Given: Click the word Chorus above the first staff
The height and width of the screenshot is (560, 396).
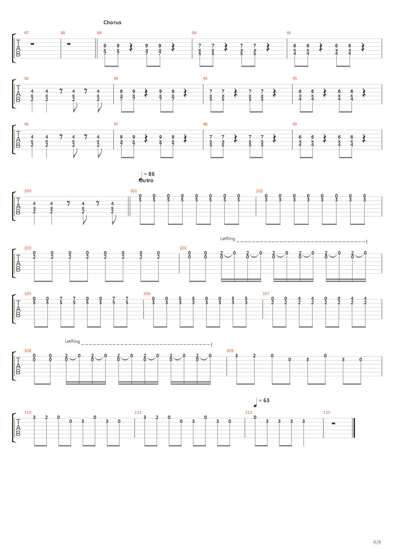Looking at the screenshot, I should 112,22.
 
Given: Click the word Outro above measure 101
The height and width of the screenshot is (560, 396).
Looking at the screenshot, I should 146,180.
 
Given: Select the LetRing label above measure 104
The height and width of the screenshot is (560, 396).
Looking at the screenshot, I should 228,239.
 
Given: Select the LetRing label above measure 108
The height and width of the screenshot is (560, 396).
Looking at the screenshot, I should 72,341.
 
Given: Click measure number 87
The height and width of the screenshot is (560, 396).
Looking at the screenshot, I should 26,33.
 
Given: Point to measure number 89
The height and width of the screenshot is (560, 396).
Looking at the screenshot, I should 99,33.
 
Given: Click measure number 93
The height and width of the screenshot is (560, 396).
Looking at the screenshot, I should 116,78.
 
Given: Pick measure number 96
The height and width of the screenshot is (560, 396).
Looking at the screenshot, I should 26,124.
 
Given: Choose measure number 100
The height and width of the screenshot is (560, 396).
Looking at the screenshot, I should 27,191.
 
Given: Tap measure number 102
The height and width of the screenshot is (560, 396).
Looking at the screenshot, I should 259,191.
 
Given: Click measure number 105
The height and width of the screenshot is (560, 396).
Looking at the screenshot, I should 27,294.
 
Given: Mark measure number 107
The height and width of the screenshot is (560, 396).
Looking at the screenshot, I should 266,294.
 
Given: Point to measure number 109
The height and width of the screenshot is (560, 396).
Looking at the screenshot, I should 230,351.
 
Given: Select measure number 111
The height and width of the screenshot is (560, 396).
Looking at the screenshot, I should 138,412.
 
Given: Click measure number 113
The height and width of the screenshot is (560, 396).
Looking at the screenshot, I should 326,412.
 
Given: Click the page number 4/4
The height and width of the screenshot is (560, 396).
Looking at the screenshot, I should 377,543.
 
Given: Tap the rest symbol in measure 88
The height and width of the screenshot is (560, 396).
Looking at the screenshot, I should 69,44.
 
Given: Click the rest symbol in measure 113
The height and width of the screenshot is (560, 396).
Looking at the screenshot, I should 334,423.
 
